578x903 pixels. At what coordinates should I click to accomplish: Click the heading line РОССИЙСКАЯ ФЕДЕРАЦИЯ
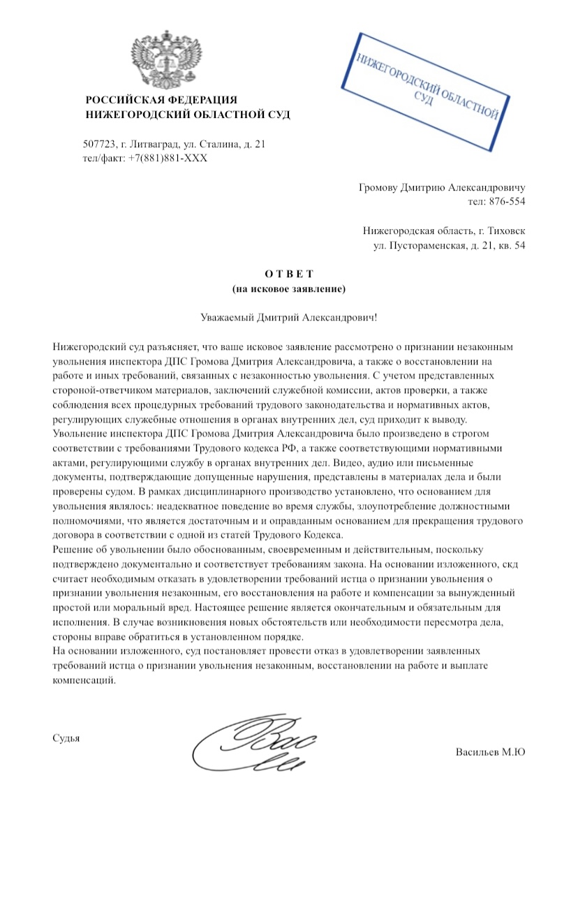pyautogui.click(x=161, y=100)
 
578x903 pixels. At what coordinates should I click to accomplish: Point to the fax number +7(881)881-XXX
pyautogui.click(x=168, y=158)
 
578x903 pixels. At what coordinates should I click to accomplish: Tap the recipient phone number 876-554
pyautogui.click(x=507, y=201)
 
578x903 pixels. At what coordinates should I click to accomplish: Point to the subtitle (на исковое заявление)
pyautogui.click(x=288, y=287)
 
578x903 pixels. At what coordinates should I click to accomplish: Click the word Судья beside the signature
pyautogui.click(x=66, y=737)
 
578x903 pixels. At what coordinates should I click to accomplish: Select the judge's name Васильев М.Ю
pyautogui.click(x=490, y=752)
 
